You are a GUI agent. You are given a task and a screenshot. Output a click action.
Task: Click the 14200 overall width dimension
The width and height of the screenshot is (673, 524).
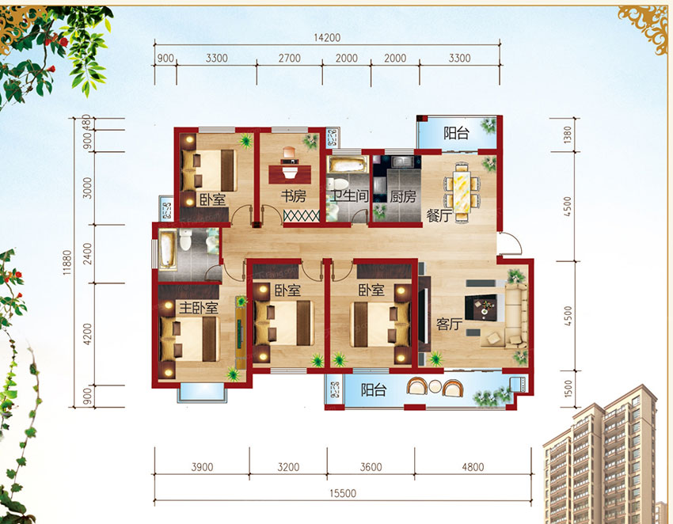pos(327,37)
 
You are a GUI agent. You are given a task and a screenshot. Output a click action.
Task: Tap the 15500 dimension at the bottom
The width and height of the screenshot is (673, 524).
pos(343,493)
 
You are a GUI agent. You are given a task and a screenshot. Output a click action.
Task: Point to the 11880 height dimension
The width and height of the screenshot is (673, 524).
pos(67,262)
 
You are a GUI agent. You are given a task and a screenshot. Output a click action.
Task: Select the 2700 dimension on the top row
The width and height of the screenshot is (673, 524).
pos(290,58)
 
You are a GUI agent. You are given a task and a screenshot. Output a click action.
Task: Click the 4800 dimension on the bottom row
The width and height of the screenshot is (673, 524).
pos(473,467)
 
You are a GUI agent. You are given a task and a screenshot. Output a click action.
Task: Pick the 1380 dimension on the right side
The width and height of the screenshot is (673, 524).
pos(568,135)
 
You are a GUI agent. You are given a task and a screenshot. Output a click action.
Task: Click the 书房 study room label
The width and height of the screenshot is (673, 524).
pos(294,196)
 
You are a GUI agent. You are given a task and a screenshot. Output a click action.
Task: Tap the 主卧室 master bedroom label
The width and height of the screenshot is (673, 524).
pos(198,307)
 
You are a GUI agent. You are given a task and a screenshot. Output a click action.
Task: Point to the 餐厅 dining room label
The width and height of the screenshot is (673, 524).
pos(439,215)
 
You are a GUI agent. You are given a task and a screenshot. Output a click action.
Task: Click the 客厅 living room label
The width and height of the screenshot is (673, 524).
pos(450,324)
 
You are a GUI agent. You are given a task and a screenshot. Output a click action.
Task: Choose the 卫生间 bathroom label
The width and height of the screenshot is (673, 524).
pos(349,196)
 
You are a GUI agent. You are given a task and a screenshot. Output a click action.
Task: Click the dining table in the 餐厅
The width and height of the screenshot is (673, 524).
pos(462,192)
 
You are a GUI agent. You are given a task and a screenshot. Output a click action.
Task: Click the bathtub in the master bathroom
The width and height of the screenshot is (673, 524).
pos(167,249)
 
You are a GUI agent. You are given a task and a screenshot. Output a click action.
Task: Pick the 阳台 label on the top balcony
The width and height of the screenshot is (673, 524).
pos(456,133)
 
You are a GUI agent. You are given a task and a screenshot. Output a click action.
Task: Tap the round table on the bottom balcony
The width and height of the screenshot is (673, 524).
pos(435,387)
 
